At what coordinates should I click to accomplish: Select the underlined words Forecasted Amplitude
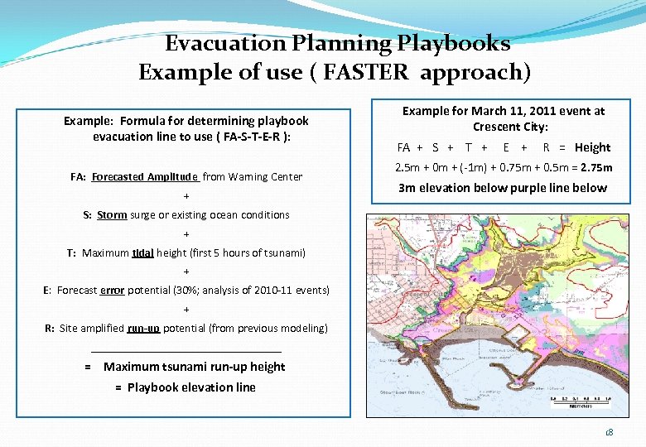(145, 177)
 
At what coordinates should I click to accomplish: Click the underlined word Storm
(112, 215)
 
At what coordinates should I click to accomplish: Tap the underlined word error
(113, 291)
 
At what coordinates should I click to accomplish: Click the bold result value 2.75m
(596, 167)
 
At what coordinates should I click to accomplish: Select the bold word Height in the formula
(592, 147)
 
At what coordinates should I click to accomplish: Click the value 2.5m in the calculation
(411, 167)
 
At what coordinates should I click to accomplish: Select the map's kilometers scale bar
(581, 402)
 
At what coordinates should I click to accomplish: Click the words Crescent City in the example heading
(511, 127)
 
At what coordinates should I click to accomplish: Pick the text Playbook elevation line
(191, 387)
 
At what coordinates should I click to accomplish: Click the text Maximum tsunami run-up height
(195, 367)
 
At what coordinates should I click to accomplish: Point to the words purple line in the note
(542, 188)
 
